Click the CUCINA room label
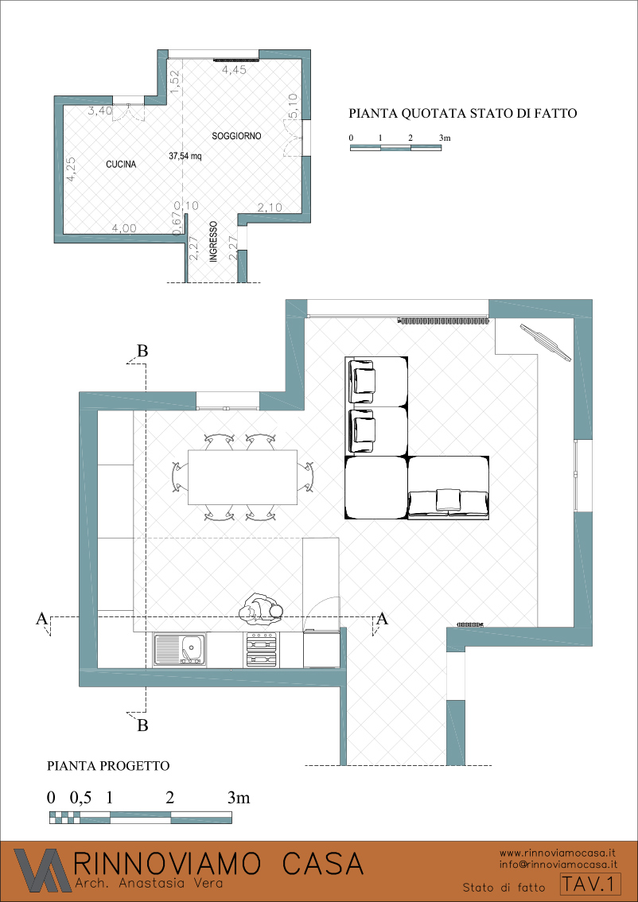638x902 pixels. [121, 165]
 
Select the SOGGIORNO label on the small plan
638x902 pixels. [236, 136]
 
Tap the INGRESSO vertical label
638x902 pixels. [212, 242]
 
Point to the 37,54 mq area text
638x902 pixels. [185, 155]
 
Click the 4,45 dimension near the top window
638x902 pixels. [234, 70]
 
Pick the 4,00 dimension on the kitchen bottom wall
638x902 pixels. [124, 228]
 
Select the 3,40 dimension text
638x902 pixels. [100, 111]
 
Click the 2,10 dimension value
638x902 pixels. [269, 208]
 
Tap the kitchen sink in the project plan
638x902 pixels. [180, 649]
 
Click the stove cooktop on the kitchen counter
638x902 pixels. [263, 650]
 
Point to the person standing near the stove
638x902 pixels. [262, 611]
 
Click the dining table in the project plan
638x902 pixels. [242, 476]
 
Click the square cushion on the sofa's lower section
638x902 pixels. [449, 498]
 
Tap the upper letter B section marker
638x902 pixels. [142, 350]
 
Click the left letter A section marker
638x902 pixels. [41, 618]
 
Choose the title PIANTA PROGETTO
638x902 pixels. [107, 766]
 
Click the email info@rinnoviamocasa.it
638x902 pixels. [558, 864]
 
